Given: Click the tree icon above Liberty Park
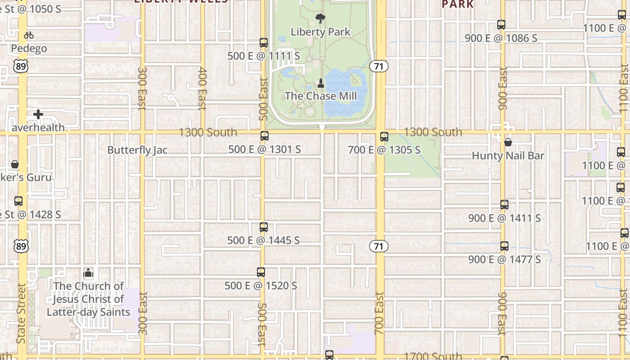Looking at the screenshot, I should [x=320, y=18].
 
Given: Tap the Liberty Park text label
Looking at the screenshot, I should [x=320, y=32].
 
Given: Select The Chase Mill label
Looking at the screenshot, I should [x=321, y=96].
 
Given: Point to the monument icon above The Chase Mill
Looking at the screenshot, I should [x=321, y=83].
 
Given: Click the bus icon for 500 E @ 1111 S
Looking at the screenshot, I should [x=264, y=43].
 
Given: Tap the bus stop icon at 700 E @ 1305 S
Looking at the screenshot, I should [x=384, y=137].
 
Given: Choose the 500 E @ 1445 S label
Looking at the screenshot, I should [x=263, y=240].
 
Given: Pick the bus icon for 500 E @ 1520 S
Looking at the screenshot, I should [x=261, y=272].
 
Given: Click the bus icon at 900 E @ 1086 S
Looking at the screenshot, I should [x=501, y=25].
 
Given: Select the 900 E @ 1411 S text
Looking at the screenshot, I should [x=504, y=218].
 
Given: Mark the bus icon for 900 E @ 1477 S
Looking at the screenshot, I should [x=504, y=246].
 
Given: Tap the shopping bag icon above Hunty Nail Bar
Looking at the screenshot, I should [x=508, y=143].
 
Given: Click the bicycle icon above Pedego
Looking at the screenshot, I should [x=29, y=35].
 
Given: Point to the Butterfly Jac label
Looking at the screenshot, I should [x=137, y=150].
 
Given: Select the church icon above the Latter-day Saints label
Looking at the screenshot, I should [x=88, y=273].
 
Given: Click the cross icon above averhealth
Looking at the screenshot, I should [x=38, y=114].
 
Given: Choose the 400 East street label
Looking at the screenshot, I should [x=202, y=89].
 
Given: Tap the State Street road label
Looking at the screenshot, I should [x=21, y=313].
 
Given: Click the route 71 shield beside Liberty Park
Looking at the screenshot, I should [x=379, y=66].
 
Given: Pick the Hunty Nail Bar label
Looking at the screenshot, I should [x=508, y=156].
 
